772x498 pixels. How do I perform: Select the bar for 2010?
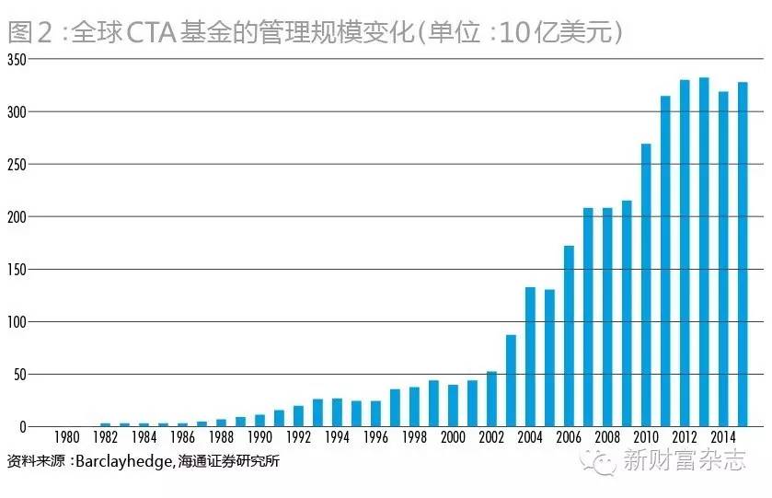[x=646, y=285]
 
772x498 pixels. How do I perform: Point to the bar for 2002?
[x=491, y=400]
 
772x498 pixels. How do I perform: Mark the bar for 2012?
[x=685, y=253]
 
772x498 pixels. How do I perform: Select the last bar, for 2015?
[x=743, y=254]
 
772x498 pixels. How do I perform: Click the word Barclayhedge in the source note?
[x=121, y=461]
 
